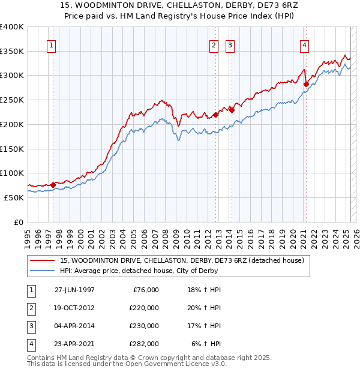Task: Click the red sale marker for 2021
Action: click(x=306, y=84)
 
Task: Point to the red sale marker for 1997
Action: click(x=53, y=185)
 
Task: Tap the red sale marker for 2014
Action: click(x=232, y=110)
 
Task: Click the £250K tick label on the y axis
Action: click(x=12, y=100)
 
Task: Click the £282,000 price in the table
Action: click(x=144, y=344)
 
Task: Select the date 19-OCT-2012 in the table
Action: click(x=74, y=308)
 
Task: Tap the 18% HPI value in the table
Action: click(x=206, y=290)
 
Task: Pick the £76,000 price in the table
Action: click(x=144, y=290)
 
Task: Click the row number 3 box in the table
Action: click(x=30, y=326)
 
